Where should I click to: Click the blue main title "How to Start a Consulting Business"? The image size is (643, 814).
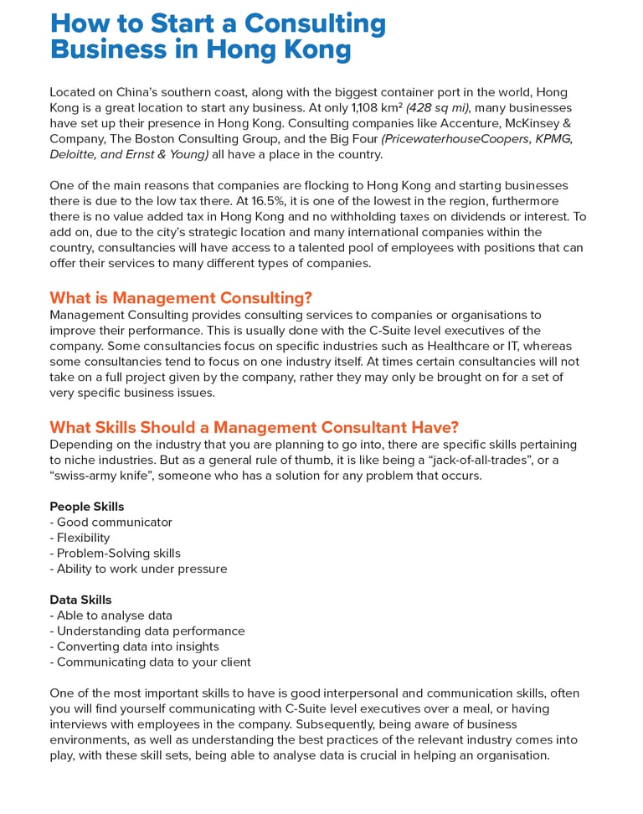point(218,36)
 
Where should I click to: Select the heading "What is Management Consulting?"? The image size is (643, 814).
point(181,298)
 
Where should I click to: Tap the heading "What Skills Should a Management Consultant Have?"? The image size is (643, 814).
point(254,427)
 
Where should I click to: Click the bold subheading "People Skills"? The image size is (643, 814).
point(86,507)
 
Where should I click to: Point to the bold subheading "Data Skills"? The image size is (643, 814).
point(80,600)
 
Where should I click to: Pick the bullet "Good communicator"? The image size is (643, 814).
point(114,523)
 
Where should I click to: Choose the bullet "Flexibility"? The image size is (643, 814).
point(83,538)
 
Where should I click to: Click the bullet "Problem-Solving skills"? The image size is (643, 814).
point(118,554)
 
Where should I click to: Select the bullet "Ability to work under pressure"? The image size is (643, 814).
point(141,569)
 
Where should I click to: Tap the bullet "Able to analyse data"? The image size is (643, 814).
point(114,616)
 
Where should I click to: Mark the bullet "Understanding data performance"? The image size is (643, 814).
point(151,631)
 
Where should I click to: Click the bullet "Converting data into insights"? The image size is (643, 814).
point(137,647)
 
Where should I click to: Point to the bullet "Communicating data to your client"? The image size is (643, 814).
point(153,662)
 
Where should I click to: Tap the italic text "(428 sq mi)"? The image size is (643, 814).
point(437,108)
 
